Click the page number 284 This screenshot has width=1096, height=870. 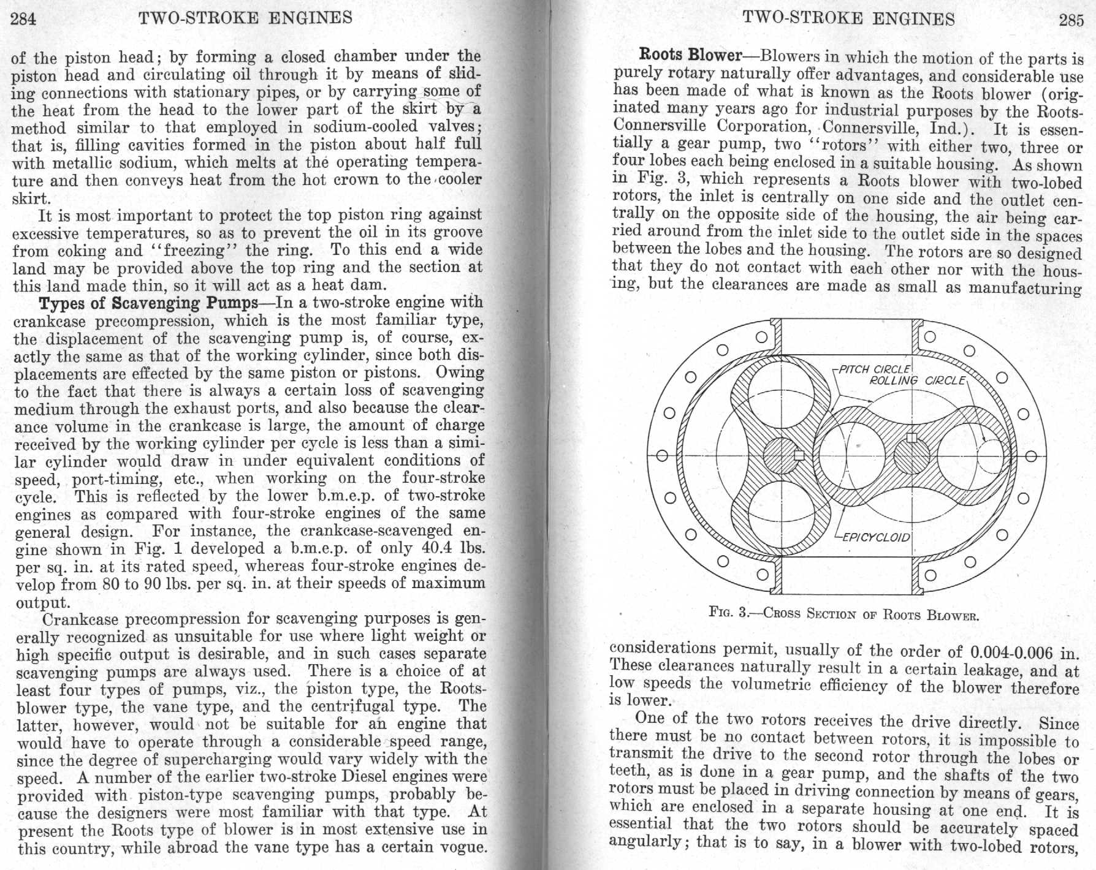pyautogui.click(x=24, y=18)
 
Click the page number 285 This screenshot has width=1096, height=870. pyautogui.click(x=1071, y=20)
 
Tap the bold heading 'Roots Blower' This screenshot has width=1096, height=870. pyautogui.click(x=691, y=55)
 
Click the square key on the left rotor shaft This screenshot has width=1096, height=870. pyautogui.click(x=799, y=455)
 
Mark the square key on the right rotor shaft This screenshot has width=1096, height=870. pyautogui.click(x=911, y=437)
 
